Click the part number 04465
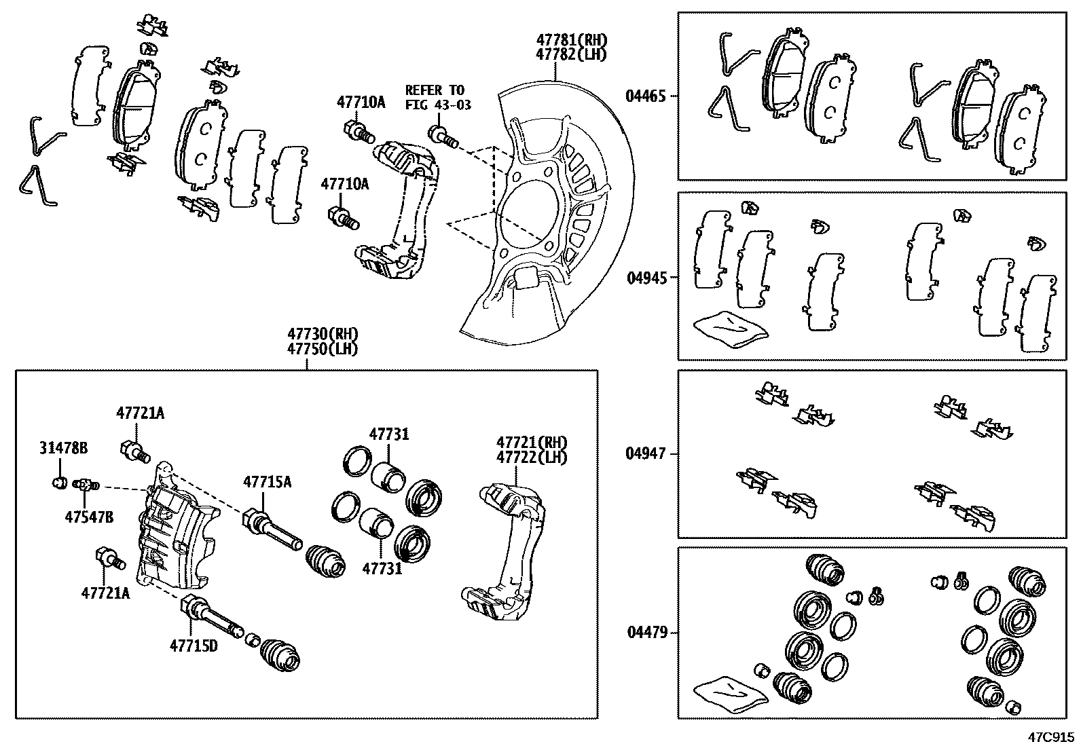(x=646, y=96)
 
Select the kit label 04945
(x=646, y=278)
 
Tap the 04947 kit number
(x=646, y=453)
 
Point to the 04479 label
(x=646, y=633)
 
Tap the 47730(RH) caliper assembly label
(x=322, y=335)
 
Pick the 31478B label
(x=63, y=449)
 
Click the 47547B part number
(x=89, y=517)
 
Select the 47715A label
(x=268, y=483)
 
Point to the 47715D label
(x=194, y=646)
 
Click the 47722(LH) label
(x=532, y=458)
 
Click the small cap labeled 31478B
(x=59, y=483)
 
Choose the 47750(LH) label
(x=322, y=349)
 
